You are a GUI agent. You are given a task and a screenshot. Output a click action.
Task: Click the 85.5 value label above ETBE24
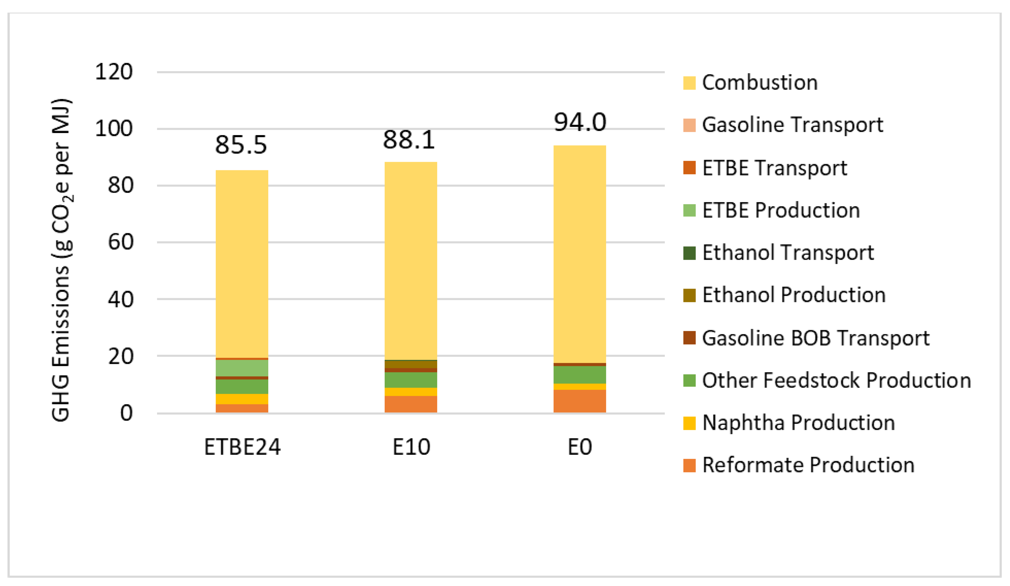point(241,145)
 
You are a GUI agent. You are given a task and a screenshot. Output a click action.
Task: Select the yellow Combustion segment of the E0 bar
point(580,253)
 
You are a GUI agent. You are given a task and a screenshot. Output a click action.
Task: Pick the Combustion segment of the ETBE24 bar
point(242,263)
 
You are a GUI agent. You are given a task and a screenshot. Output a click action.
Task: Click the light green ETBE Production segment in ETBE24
point(242,368)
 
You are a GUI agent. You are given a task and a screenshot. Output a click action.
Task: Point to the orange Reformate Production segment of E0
point(580,401)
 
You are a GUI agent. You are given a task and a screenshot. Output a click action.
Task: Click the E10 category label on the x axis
point(411,447)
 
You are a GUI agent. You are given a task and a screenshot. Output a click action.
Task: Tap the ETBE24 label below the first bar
point(242,447)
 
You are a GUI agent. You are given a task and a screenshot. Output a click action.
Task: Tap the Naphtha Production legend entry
point(798,423)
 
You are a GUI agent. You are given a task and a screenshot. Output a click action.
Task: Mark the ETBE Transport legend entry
point(774,168)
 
